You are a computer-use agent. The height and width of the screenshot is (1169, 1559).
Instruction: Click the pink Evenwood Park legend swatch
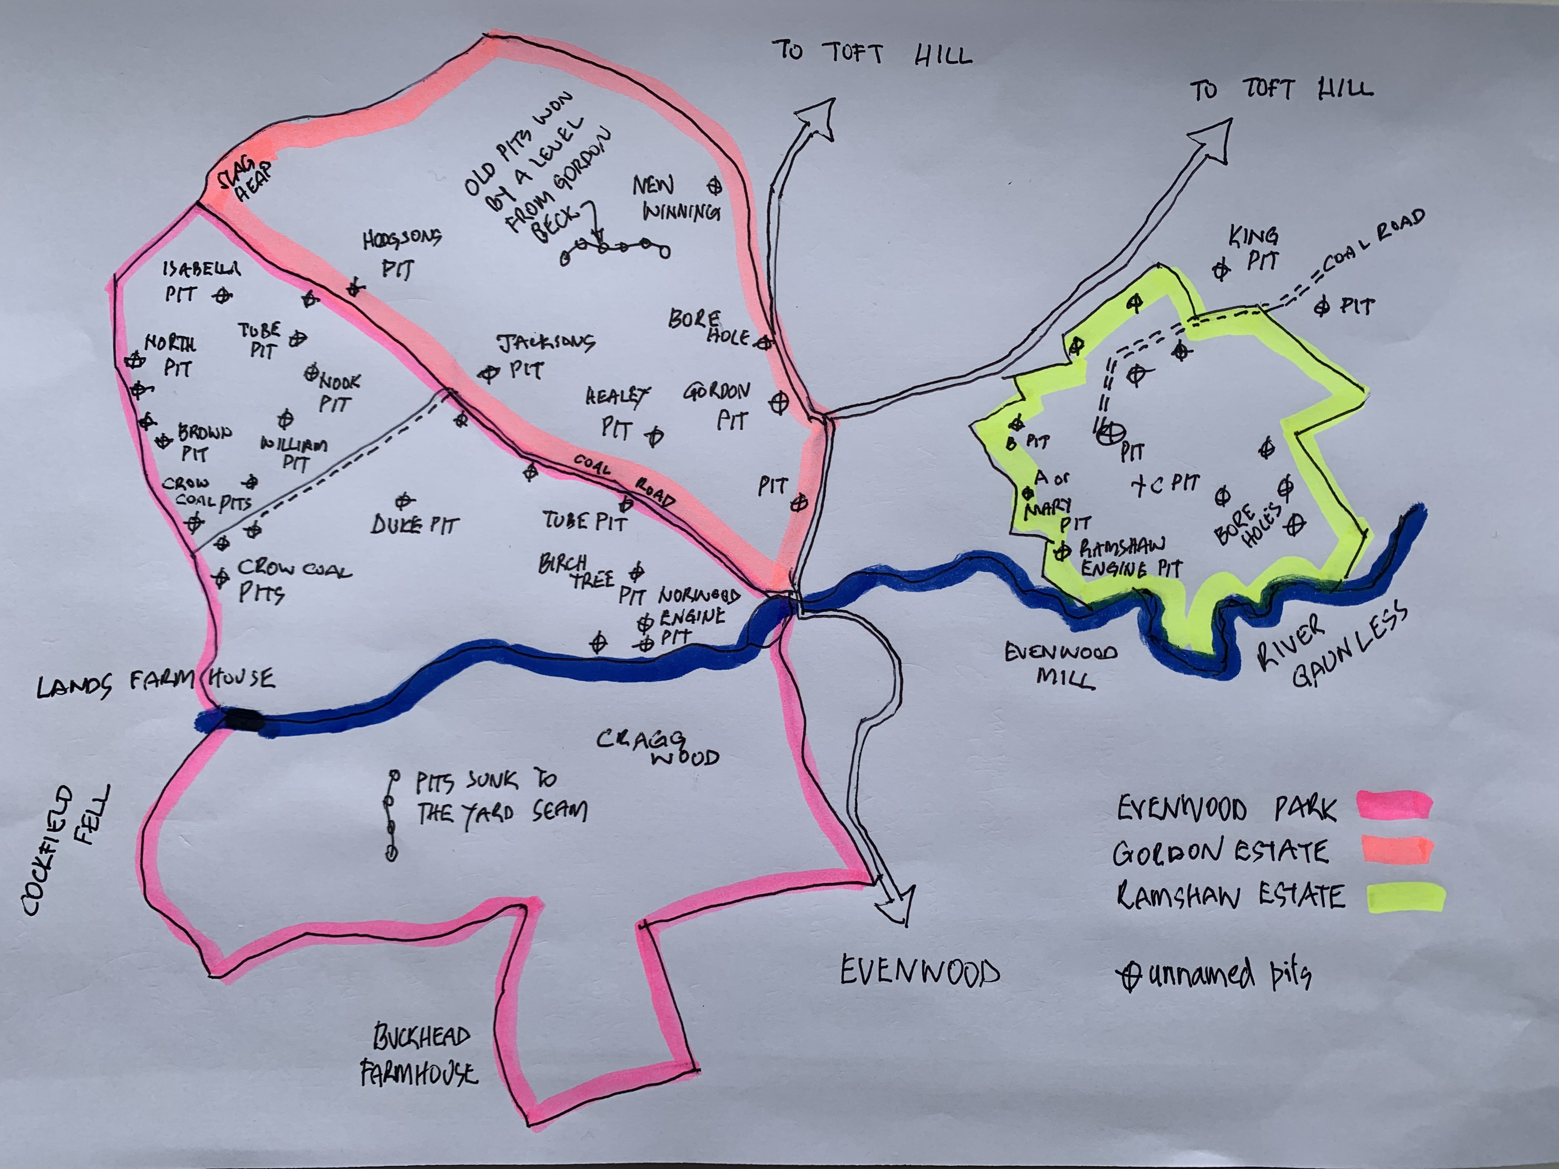[1394, 805]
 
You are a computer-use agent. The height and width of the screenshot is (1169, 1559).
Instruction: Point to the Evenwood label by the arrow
[920, 972]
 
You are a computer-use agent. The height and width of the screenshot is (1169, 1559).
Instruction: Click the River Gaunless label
[1332, 645]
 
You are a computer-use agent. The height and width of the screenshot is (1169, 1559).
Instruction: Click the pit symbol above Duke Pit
[404, 501]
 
